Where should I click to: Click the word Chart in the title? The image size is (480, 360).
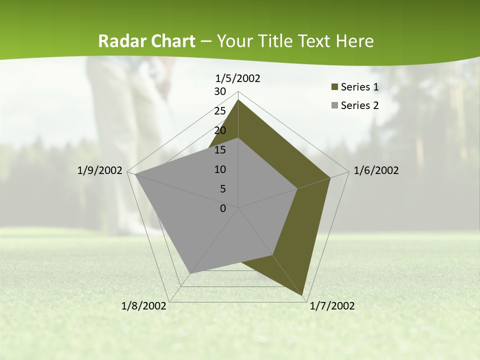pos(170,41)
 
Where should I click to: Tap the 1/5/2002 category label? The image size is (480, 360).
pos(238,78)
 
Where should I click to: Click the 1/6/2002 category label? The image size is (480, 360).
pos(376,170)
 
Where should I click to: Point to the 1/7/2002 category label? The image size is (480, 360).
pos(332,306)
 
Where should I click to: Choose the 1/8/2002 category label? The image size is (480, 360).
pos(144,306)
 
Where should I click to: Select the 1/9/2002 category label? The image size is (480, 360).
pos(100,170)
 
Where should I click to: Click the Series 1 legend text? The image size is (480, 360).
pos(359,87)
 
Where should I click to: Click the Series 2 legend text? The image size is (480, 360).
pos(359,105)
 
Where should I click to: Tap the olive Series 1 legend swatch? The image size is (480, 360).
pos(334,87)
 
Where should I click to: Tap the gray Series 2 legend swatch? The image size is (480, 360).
pos(334,105)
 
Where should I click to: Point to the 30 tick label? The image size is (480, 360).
pos(220,91)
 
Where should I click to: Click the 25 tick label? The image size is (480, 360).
pos(220,111)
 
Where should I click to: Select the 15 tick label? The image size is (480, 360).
pos(220,150)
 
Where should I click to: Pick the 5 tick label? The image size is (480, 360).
pos(222,189)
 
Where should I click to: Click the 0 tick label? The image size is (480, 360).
pos(223,208)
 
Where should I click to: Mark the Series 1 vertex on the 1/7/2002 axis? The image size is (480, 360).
pos(303,295)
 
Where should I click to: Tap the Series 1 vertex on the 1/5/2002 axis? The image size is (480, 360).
pos(238,99)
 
